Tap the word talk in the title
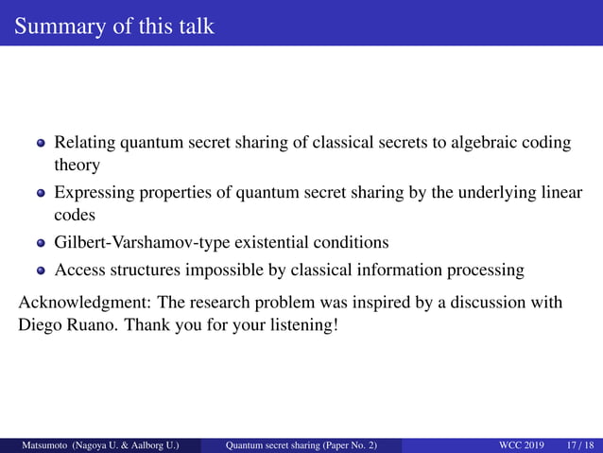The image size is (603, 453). [x=195, y=26]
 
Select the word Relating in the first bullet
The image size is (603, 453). [x=84, y=143]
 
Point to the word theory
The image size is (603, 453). [x=77, y=165]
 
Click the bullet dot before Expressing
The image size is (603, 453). [x=41, y=195]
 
